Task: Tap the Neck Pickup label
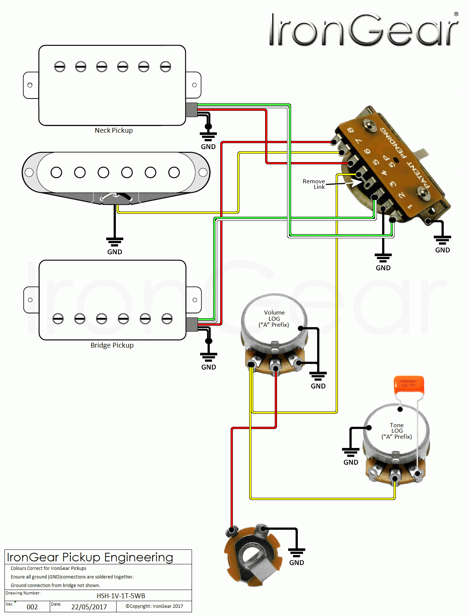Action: pyautogui.click(x=114, y=130)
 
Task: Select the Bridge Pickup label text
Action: pyautogui.click(x=112, y=345)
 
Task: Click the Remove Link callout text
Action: pyautogui.click(x=314, y=184)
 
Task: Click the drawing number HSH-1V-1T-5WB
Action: pyautogui.click(x=121, y=596)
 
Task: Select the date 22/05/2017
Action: pyautogui.click(x=89, y=607)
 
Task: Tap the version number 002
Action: pyautogui.click(x=32, y=607)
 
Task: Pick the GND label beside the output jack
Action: pyautogui.click(x=296, y=562)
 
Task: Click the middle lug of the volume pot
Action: pyautogui.click(x=275, y=368)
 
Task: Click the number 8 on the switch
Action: pyautogui.click(x=350, y=130)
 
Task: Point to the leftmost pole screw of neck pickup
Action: pyautogui.click(x=60, y=67)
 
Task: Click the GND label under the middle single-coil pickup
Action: pyautogui.click(x=115, y=252)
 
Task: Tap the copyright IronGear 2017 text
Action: pyautogui.click(x=154, y=606)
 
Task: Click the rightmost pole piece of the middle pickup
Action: pyautogui.click(x=174, y=172)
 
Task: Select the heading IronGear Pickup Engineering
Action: pyautogui.click(x=90, y=557)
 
